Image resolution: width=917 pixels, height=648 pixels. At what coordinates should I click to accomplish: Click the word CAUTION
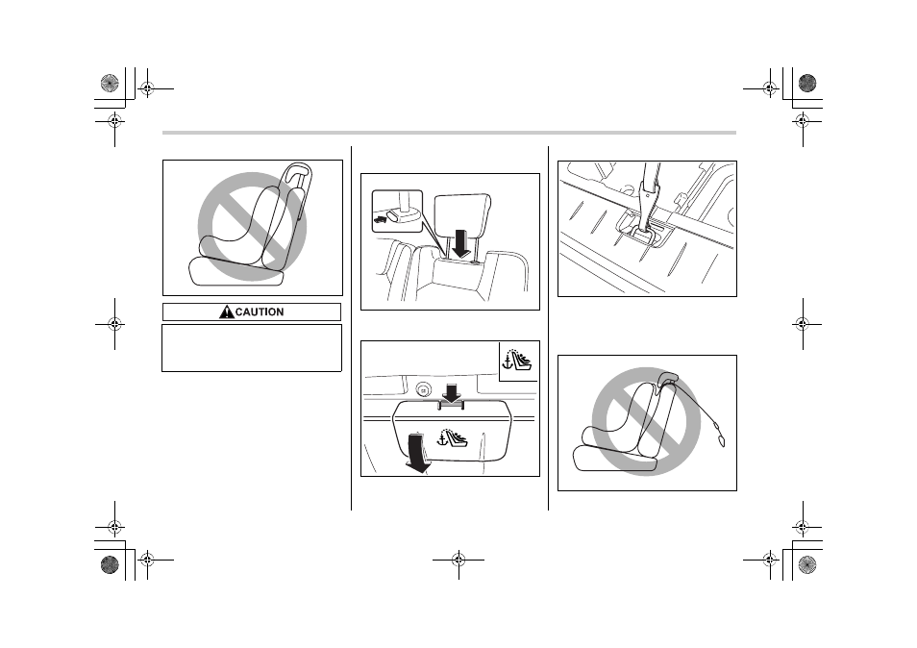(260, 312)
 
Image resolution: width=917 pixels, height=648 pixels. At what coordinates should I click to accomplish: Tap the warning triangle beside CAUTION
(226, 312)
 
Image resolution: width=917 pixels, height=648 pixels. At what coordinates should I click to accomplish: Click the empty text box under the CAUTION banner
(252, 348)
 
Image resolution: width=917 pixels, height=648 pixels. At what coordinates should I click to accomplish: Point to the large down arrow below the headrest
(461, 243)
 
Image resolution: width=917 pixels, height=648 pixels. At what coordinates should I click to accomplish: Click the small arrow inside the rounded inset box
(380, 219)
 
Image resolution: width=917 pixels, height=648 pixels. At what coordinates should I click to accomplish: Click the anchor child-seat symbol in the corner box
(517, 361)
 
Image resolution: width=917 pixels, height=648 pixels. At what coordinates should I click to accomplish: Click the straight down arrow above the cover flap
(452, 393)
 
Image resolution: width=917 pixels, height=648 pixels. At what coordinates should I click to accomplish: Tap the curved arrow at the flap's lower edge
(417, 454)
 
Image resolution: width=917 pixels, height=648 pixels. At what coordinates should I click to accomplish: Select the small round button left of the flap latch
(423, 389)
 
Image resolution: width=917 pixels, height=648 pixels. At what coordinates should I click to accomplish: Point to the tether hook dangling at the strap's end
(721, 439)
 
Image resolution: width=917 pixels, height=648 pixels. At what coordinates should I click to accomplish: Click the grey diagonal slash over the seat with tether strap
(646, 422)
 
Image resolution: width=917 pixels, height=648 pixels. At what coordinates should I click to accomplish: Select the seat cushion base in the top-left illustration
(235, 271)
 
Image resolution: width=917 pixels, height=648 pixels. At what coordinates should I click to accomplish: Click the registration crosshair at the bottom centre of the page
(458, 561)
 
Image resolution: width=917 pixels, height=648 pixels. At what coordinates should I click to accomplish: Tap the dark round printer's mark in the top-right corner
(807, 83)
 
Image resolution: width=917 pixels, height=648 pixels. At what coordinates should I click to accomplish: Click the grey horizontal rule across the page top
(449, 133)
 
